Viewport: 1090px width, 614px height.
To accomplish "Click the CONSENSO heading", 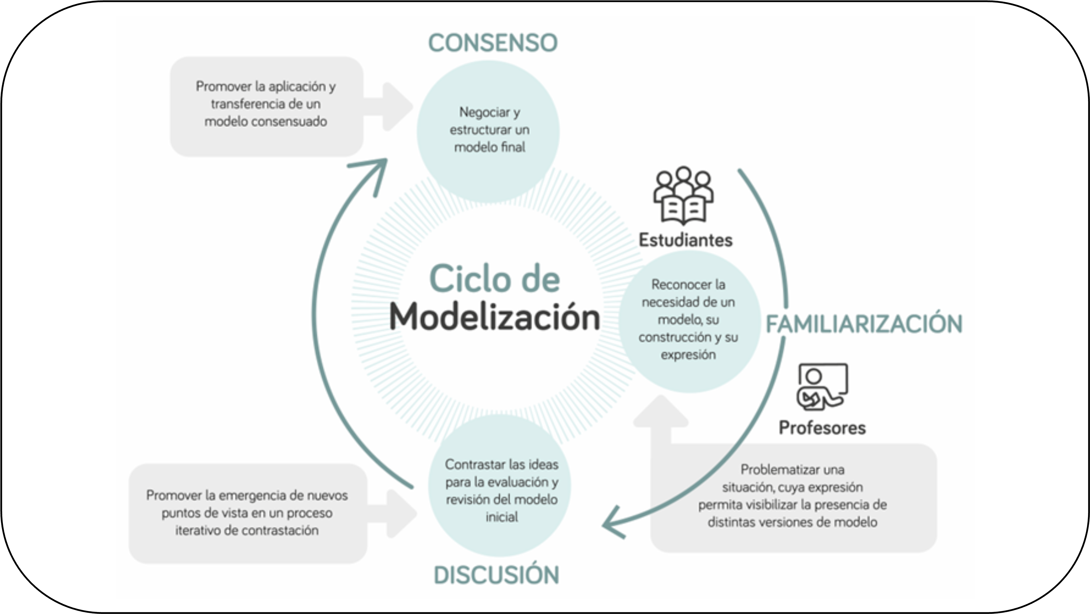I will tap(493, 43).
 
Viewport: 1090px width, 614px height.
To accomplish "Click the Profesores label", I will tap(822, 428).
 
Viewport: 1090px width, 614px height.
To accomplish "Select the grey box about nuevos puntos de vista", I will tap(248, 513).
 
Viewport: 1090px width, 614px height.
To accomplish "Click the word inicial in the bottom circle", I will tap(502, 517).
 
